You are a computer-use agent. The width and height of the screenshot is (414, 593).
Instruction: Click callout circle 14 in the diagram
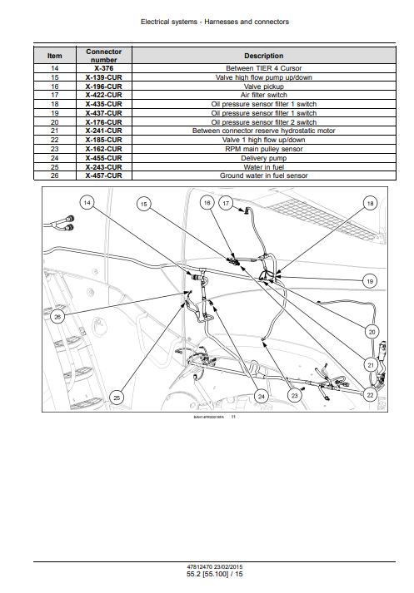pos(87,203)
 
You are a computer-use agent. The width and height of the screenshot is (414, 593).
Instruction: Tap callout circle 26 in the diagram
pos(57,317)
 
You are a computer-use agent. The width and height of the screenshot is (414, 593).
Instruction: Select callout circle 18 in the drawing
pos(370,204)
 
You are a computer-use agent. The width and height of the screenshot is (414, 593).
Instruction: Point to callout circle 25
pos(117,398)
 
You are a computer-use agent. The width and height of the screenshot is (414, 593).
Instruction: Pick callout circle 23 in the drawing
pos(295,396)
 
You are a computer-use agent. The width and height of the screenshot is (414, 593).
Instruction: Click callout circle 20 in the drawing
pos(372,332)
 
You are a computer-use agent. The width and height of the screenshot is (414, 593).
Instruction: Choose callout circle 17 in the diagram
pos(226,204)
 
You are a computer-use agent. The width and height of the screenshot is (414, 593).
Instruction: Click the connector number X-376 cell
pos(104,68)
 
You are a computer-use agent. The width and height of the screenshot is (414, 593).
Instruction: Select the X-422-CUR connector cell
pos(104,95)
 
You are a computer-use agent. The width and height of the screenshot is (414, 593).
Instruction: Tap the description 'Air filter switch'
pos(263,95)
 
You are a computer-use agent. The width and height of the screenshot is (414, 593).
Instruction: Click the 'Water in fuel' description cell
pos(263,167)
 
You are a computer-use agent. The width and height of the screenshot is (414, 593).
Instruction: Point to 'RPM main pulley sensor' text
pos(263,149)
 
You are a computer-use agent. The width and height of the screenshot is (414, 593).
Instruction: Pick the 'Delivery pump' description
pos(263,158)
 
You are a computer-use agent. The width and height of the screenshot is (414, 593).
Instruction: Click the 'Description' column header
pos(263,56)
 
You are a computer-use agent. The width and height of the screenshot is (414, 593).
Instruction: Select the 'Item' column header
pos(54,56)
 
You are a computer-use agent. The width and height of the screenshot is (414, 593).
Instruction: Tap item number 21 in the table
pos(54,131)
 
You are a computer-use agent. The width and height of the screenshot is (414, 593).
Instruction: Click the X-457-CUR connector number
pos(104,175)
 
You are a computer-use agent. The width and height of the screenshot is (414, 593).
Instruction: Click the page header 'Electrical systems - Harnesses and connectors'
pos(215,22)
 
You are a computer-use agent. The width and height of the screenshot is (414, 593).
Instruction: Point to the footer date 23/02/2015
pos(228,567)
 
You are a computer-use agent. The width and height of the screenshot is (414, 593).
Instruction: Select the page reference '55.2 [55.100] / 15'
pos(215,574)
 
